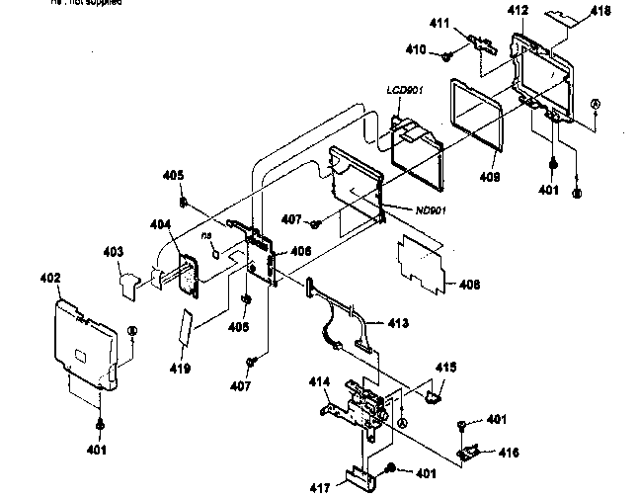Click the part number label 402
pyautogui.click(x=51, y=280)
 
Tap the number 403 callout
pyautogui.click(x=115, y=253)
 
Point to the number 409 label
pyautogui.click(x=491, y=177)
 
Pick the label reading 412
pyautogui.click(x=518, y=11)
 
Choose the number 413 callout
pyautogui.click(x=400, y=324)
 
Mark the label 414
pyautogui.click(x=319, y=381)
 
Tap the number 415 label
pyautogui.click(x=446, y=367)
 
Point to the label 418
pyautogui.click(x=600, y=11)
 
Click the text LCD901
pyautogui.click(x=405, y=90)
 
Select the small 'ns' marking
pyautogui.click(x=207, y=236)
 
